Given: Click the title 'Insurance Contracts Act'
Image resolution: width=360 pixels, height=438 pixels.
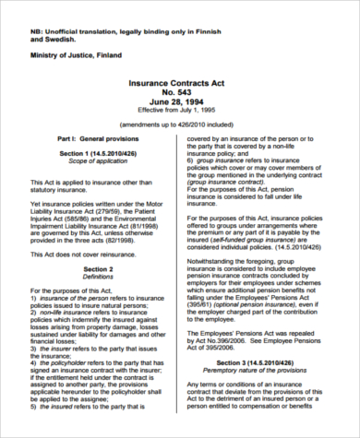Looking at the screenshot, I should tap(180, 84).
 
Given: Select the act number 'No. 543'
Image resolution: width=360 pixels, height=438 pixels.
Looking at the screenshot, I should tap(180, 94).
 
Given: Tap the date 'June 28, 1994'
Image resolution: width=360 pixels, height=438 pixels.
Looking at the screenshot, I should tap(180, 104).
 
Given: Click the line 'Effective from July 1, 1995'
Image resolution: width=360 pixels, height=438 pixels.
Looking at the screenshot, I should tap(180, 113).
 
